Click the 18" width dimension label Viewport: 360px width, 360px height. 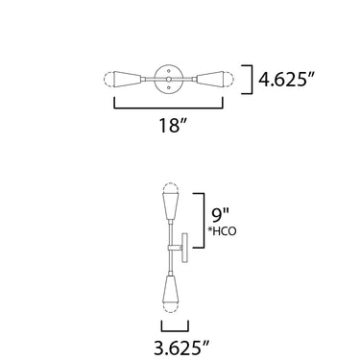tap(173, 125)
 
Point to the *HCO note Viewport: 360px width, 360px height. tap(221, 231)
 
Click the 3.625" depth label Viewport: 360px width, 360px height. tap(181, 348)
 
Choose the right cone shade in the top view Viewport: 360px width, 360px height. tap(211, 79)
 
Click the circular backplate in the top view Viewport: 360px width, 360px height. tap(169, 79)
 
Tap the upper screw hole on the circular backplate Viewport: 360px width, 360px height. tap(169, 70)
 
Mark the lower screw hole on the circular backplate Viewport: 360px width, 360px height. tap(169, 87)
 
